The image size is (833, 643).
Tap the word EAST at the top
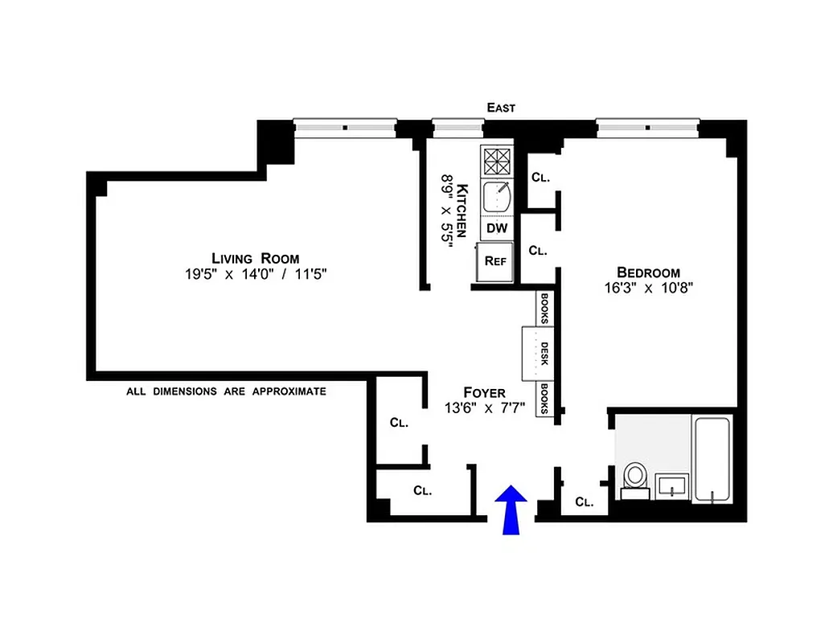pos(500,108)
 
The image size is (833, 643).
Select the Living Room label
pos(255,258)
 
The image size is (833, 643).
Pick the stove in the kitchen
pos(497,161)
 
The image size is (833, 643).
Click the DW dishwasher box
pos(497,228)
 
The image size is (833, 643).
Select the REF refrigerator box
pos(495,260)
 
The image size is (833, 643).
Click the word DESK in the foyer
pos(544,354)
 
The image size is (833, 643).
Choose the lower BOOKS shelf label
pos(544,399)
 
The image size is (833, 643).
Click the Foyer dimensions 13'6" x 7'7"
pos(485,408)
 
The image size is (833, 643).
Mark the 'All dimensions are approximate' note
pos(226,391)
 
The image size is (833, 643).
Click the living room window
pos(345,127)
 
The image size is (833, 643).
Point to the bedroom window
pos(648,127)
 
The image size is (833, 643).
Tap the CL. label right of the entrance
pos(585,502)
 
